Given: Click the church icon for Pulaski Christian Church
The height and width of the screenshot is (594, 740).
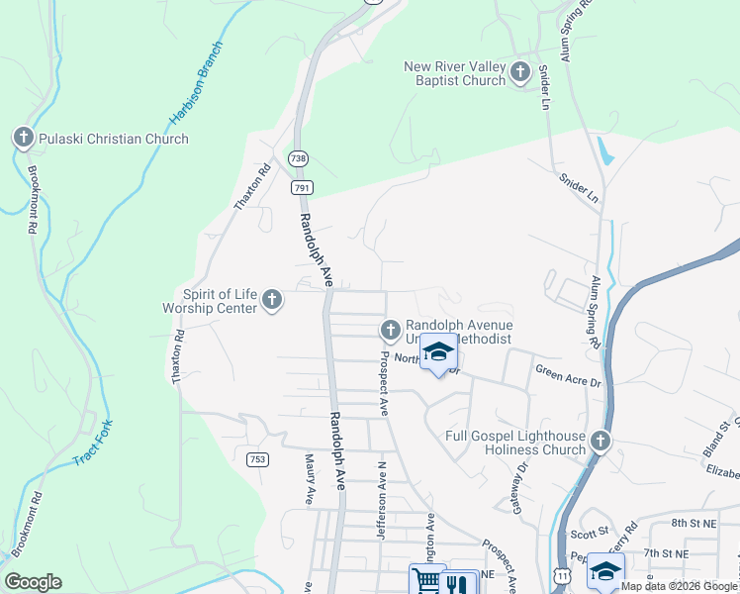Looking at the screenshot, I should click(x=24, y=139).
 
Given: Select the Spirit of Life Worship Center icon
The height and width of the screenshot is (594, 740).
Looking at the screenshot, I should click(x=273, y=299).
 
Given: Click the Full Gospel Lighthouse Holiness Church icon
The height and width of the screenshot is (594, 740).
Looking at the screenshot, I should click(x=600, y=441).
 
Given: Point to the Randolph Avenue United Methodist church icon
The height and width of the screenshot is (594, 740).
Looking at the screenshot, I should click(x=390, y=330).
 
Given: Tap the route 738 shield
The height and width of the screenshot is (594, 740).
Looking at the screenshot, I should click(x=298, y=158).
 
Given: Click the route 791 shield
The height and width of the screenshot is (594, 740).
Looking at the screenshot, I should click(x=302, y=187).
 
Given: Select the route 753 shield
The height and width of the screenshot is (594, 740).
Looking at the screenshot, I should click(x=257, y=459).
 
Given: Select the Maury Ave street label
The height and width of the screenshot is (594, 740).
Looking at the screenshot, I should click(x=309, y=479).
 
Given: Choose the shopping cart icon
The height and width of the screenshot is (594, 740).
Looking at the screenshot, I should click(x=426, y=581).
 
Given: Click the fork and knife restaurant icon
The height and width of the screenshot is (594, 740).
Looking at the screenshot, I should click(x=456, y=584).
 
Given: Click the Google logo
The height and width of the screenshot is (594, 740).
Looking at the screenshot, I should click(x=33, y=582).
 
